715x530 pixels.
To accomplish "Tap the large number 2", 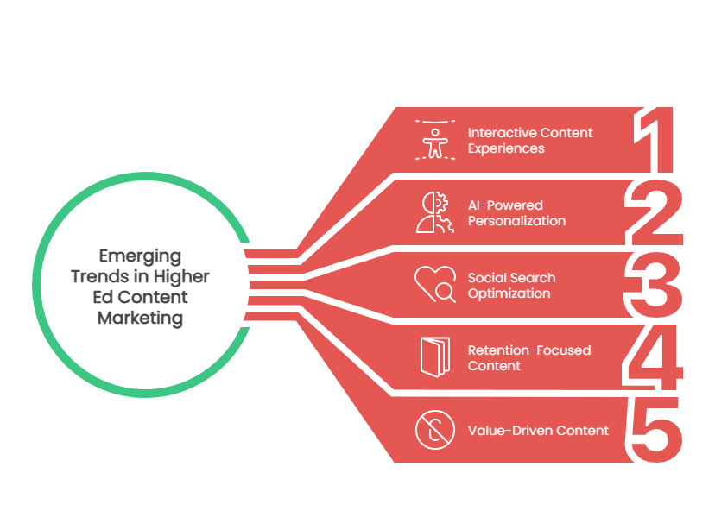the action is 655,212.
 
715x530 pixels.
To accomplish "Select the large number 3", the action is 654,285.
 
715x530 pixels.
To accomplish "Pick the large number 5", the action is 655,430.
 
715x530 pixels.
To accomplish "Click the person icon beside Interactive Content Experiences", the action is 435,140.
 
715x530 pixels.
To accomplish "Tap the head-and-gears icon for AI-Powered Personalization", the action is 435,212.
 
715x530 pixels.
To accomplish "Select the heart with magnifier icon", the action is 435,284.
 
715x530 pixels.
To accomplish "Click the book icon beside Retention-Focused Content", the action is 435,356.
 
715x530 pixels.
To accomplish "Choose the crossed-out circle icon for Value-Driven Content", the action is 435,430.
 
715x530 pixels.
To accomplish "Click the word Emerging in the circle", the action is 140,256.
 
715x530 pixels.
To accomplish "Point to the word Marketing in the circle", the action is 140,319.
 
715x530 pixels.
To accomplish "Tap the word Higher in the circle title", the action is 181,276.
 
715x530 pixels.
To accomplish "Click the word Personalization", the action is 516,221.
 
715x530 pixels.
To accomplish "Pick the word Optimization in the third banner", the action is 509,293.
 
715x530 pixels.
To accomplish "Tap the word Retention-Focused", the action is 529,350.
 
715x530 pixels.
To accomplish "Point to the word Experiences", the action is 506,148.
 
